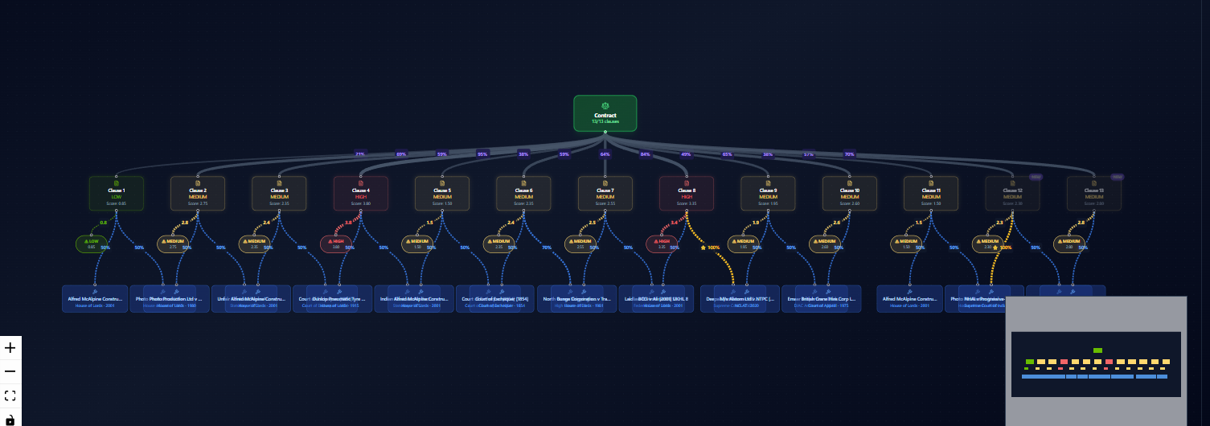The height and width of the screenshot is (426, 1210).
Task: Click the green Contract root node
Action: (x=605, y=113)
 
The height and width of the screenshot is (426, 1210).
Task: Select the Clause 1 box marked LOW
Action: (x=117, y=194)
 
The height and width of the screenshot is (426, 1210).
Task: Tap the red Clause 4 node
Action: (x=361, y=194)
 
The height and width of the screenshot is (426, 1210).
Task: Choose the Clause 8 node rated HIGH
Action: (x=687, y=194)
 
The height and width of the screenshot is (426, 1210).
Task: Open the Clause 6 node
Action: (x=523, y=194)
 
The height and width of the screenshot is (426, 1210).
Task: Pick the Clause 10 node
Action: (x=850, y=194)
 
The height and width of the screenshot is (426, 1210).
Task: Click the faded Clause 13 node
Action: (x=1093, y=194)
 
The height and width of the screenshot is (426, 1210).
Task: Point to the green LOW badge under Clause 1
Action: (x=91, y=244)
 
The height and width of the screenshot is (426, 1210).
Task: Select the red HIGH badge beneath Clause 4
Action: (x=335, y=244)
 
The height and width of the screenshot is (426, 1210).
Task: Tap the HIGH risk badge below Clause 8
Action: (x=662, y=244)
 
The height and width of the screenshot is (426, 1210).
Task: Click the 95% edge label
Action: (x=482, y=154)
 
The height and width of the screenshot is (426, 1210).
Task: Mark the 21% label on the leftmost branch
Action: (x=360, y=154)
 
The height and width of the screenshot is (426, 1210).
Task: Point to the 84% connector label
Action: (x=645, y=154)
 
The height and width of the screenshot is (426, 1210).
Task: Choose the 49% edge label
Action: (x=686, y=154)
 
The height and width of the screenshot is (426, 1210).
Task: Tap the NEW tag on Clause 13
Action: (x=1118, y=177)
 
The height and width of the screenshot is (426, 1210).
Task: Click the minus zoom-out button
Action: (x=10, y=371)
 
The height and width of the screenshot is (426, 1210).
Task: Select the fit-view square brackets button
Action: (x=10, y=395)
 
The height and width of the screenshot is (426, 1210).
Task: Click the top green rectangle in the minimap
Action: (x=1097, y=350)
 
